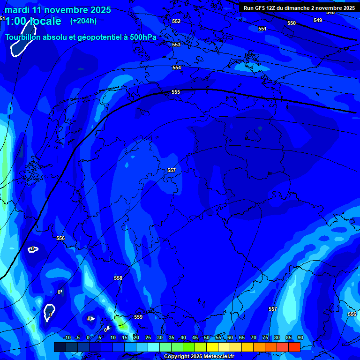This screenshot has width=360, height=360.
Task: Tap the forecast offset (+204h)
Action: [83, 21]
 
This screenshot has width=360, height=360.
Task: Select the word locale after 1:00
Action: [45, 21]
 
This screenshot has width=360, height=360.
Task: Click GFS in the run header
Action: [261, 8]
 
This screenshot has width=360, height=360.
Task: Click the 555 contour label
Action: [176, 92]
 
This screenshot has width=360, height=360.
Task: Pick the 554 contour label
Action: [176, 67]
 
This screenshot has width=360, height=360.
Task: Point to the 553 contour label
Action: [176, 45]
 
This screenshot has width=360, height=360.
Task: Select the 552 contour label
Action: [176, 21]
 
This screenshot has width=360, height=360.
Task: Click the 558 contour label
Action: [118, 278]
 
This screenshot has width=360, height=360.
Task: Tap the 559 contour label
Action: [138, 317]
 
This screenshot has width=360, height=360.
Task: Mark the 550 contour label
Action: [292, 23]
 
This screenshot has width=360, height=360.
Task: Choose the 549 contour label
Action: [318, 20]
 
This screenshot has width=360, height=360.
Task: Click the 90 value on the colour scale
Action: [300, 337]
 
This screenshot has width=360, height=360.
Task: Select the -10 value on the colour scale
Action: [67, 337]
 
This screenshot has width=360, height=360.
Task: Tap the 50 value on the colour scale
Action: [207, 337]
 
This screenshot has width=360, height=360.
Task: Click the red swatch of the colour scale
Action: [294, 347]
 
